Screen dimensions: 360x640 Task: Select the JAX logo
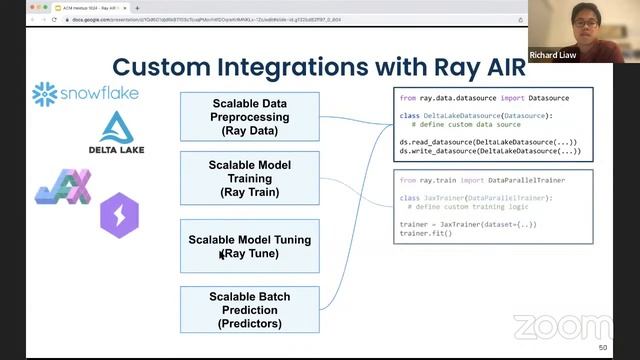point(63,187)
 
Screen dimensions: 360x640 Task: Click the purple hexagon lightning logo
point(119,216)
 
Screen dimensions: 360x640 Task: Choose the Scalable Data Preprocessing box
point(249,116)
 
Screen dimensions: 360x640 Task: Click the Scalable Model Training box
point(249,177)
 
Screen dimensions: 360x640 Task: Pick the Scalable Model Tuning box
point(249,246)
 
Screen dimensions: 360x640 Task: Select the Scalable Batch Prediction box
point(249,310)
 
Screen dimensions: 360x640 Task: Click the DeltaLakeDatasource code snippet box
point(493,124)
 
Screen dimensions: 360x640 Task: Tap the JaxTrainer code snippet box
point(493,206)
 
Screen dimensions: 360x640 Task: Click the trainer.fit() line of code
point(427,232)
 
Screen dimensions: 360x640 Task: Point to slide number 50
point(602,347)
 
